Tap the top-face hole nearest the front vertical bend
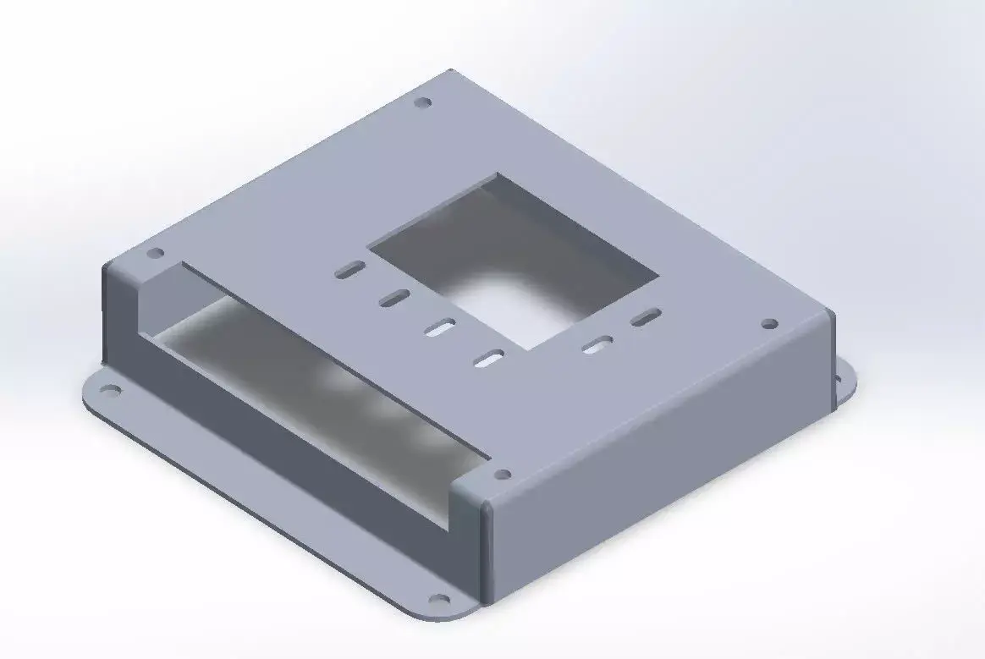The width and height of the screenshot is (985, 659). point(502,475)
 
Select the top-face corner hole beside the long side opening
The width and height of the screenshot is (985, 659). point(155,253)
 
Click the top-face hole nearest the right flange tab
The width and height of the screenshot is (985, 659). point(769,324)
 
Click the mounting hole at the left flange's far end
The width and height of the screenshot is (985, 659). point(109,391)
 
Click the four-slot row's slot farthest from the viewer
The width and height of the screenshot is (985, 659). point(349,271)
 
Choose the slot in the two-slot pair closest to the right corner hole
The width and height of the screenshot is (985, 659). point(647,318)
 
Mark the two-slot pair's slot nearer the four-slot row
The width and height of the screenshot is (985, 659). point(599,343)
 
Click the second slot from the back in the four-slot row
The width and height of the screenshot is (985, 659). point(394,298)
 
